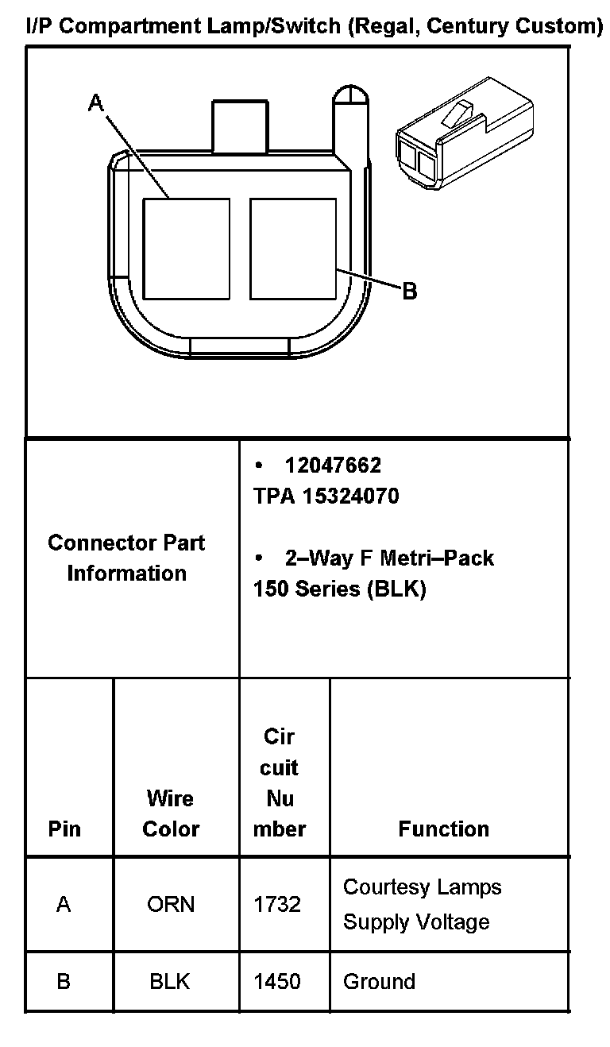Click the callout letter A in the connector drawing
click(95, 103)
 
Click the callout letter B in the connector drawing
click(409, 292)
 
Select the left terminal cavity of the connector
click(186, 249)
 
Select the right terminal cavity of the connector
click(293, 249)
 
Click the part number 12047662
click(333, 465)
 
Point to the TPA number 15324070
click(326, 496)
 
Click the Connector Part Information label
click(126, 558)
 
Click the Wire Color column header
click(170, 813)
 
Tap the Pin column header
click(64, 829)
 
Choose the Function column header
click(443, 829)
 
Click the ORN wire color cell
click(170, 904)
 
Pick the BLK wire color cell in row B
click(170, 981)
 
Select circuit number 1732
click(277, 904)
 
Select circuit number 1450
click(277, 981)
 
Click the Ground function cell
click(379, 981)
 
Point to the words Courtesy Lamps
click(422, 887)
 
